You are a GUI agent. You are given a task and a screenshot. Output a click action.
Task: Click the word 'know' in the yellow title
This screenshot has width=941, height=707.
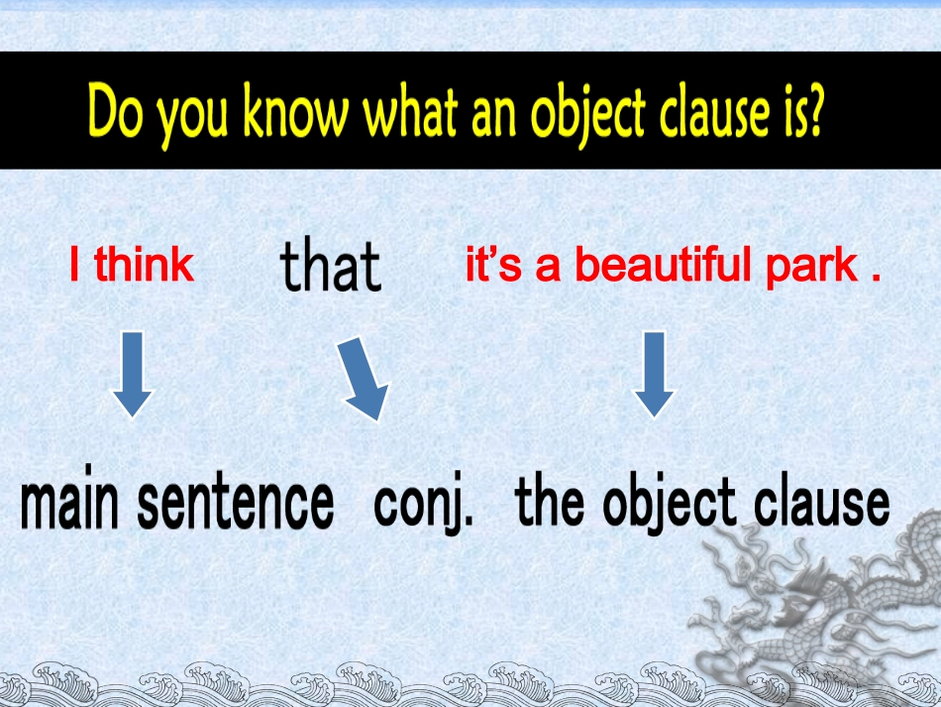coord(296,111)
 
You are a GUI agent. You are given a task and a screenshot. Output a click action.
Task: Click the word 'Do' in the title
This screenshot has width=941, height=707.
coord(115,111)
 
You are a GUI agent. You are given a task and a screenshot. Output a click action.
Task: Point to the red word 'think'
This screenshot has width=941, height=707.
coord(144,264)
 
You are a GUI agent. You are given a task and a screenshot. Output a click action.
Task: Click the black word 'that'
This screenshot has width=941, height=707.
coord(331,265)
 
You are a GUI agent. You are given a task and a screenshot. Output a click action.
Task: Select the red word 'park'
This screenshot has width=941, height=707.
coord(812,267)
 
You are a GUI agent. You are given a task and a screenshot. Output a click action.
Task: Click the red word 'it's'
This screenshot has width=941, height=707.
coord(493,264)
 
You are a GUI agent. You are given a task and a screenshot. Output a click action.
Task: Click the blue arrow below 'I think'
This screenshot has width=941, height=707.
coord(133,374)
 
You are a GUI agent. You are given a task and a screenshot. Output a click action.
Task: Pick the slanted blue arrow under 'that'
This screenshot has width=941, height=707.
coord(364,379)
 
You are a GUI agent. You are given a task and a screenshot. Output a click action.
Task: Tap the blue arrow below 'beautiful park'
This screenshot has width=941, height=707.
coord(654,374)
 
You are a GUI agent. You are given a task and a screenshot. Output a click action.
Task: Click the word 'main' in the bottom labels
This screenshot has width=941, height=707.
coord(69,498)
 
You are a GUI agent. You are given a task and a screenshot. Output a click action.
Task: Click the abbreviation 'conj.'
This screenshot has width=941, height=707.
coord(423,504)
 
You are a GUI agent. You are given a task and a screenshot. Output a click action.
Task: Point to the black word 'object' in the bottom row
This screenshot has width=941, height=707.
coord(670,504)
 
